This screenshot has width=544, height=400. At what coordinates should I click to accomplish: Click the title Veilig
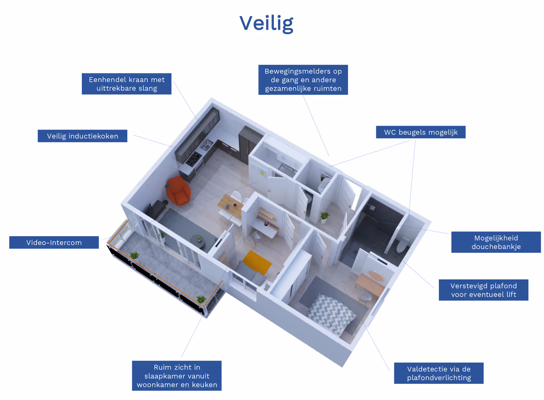[266, 23]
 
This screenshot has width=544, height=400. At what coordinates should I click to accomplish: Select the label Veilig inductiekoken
[82, 136]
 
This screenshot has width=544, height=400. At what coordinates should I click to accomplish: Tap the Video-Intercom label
[54, 243]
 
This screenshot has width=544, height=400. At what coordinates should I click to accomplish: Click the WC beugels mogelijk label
[421, 132]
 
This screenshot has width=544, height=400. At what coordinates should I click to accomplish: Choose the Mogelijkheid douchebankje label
[496, 242]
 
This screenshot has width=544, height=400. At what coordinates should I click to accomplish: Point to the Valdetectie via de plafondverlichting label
[438, 373]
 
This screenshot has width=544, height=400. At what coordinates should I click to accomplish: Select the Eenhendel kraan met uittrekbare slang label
[127, 84]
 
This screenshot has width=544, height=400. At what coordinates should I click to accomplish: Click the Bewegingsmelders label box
[303, 80]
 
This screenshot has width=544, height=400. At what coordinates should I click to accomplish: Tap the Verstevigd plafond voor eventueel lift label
[483, 290]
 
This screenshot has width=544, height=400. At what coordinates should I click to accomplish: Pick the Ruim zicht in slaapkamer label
[177, 376]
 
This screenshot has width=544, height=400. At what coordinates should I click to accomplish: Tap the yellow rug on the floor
[257, 262]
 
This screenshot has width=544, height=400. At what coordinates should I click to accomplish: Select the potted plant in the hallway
[324, 217]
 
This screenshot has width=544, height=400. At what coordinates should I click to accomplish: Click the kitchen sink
[207, 145]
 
